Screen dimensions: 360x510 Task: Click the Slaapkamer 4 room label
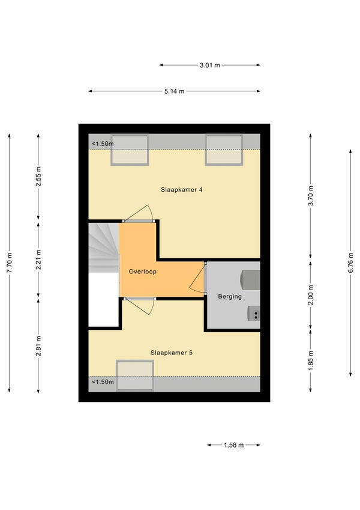coord(181,190)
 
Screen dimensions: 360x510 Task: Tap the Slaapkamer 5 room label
coord(171,353)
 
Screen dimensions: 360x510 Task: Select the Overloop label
coord(142,272)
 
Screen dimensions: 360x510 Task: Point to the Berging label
coord(230,296)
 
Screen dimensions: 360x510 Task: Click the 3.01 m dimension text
coord(209,65)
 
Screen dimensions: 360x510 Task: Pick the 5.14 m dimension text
coord(174,91)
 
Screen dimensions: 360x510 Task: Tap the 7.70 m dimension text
coord(10,263)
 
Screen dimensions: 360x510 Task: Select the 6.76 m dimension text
coord(350,263)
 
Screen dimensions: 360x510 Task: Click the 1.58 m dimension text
coord(233,445)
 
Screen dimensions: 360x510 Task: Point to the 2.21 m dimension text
coord(38,260)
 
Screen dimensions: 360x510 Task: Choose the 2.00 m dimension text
coord(311,295)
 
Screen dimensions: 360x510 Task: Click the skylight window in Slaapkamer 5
coord(135,375)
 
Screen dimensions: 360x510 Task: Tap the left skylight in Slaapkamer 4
coord(130,150)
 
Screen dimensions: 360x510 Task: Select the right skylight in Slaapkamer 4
coord(224,150)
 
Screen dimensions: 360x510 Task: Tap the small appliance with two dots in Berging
coord(254,314)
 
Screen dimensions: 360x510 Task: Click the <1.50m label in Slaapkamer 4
coord(103,144)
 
